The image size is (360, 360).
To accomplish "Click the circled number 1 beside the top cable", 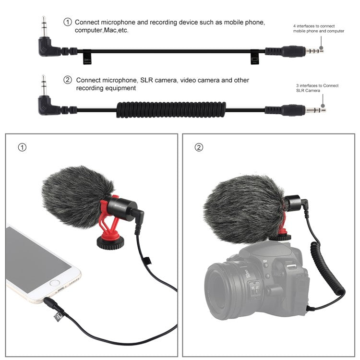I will tap(68, 22).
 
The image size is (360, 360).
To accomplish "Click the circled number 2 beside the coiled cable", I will tap(68, 80).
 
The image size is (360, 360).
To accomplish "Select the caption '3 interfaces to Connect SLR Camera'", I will tap(317, 88).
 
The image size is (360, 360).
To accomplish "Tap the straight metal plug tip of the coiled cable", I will tap(317, 109).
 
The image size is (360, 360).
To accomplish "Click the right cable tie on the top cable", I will tap(254, 58).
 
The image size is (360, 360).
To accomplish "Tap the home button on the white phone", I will tap(55, 283).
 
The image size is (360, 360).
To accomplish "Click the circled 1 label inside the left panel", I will tap(22, 147).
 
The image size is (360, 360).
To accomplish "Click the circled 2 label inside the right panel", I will tap(199, 147).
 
